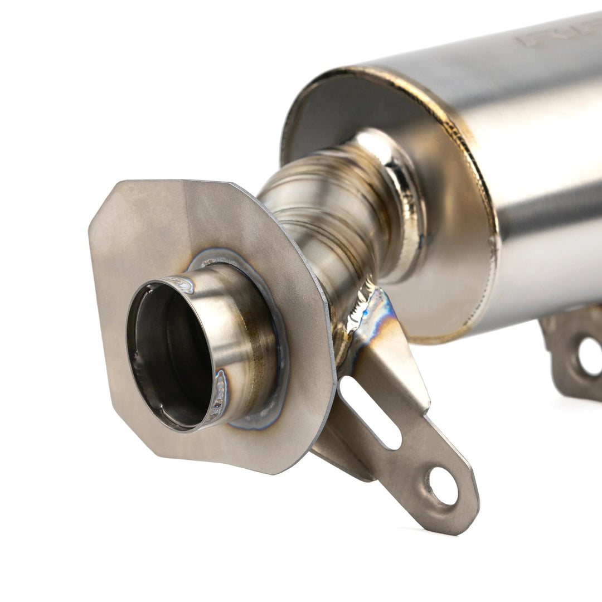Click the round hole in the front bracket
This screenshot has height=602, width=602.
click(444, 486)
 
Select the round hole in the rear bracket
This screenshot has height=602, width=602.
click(590, 356)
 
